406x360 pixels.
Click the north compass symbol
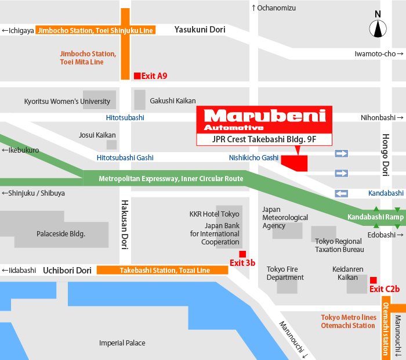pos(378,28)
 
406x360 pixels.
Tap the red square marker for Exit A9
pos(137,75)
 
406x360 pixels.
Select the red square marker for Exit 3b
pos(242,254)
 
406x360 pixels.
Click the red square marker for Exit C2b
pos(374,280)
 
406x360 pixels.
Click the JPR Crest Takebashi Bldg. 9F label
pos(264,139)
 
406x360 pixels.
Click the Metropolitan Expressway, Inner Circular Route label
pos(171,178)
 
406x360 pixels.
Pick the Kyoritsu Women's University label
pos(67,101)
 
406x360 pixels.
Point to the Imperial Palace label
pos(122,343)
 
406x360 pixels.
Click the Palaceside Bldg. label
pos(61,234)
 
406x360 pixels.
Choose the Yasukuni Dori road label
pos(200,29)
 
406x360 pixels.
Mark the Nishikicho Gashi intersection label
pos(253,158)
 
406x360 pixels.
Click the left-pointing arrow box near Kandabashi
pos(342,193)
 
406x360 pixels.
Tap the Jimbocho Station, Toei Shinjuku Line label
pos(96,30)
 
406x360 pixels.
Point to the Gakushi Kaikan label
pos(173,100)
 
